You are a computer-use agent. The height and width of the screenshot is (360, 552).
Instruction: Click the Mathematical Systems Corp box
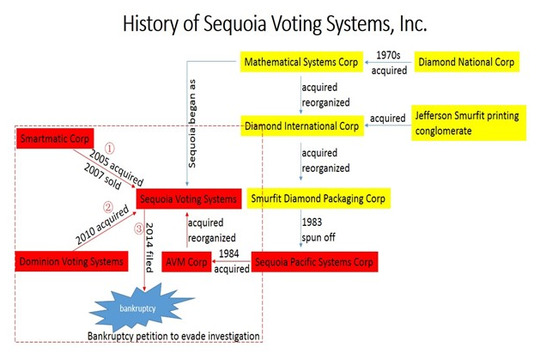[301, 62]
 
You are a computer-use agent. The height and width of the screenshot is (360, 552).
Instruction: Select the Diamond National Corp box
[466, 62]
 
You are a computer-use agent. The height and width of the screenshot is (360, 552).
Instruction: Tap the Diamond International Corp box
[302, 125]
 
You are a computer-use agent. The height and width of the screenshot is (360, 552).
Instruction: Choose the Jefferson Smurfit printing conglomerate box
[469, 123]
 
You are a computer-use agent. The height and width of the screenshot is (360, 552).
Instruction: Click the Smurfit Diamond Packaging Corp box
[318, 198]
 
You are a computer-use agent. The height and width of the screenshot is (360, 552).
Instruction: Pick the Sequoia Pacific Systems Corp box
[314, 262]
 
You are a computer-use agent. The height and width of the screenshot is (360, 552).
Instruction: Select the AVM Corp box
[186, 262]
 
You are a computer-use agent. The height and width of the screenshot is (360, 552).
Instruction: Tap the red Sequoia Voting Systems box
[189, 199]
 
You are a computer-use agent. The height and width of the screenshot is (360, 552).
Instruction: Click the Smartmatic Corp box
[55, 138]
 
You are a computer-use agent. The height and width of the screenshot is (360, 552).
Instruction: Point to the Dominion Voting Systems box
[71, 261]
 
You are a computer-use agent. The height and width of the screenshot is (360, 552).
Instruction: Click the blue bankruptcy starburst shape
[138, 308]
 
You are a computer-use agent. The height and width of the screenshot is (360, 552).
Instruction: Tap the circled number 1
[110, 149]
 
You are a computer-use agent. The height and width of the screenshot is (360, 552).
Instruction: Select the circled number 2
[107, 207]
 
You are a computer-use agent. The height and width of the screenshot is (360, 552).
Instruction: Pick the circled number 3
[139, 229]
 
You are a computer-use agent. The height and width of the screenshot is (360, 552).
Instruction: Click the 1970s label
[388, 55]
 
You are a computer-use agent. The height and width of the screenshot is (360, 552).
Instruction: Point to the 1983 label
[312, 222]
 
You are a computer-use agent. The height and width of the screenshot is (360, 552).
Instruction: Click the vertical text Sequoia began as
[191, 124]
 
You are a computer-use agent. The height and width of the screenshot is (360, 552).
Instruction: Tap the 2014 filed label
[149, 247]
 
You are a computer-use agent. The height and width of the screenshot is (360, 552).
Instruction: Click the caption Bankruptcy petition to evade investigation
[173, 336]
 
